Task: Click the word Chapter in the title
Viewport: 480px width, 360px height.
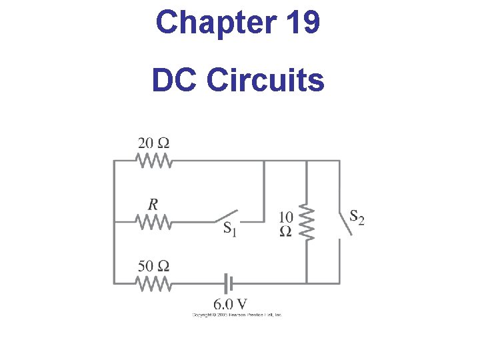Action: coord(213,23)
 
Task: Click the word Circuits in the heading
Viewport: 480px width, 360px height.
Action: coord(266,81)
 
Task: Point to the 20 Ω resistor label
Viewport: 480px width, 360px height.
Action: coord(153,143)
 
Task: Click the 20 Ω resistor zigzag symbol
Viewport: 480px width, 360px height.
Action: coord(154,161)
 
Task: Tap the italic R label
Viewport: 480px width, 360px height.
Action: coord(153,204)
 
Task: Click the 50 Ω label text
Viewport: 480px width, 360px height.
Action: coord(153,265)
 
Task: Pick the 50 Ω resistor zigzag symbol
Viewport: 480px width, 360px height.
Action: coord(154,283)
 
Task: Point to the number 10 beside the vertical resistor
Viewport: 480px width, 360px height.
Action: coord(285,217)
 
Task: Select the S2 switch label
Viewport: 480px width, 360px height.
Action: coord(357,217)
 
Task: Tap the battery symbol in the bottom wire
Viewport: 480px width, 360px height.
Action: coord(229,283)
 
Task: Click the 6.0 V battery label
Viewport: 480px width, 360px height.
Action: coord(229,304)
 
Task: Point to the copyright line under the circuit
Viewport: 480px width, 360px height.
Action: coord(237,315)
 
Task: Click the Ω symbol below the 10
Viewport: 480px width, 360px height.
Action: coord(285,231)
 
